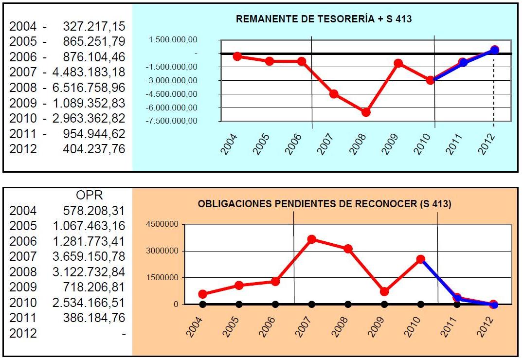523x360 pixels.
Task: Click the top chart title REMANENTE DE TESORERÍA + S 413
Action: (x=324, y=19)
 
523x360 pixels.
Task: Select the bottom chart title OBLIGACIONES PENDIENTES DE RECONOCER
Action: (x=325, y=204)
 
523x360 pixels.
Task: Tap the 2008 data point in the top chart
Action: (x=366, y=112)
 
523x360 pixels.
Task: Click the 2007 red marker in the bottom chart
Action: (x=312, y=239)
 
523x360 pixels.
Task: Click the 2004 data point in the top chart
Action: (x=237, y=56)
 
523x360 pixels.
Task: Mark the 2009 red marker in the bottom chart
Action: (x=384, y=291)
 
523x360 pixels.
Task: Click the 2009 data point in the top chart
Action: (x=398, y=63)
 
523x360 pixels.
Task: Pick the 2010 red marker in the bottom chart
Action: (x=421, y=259)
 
